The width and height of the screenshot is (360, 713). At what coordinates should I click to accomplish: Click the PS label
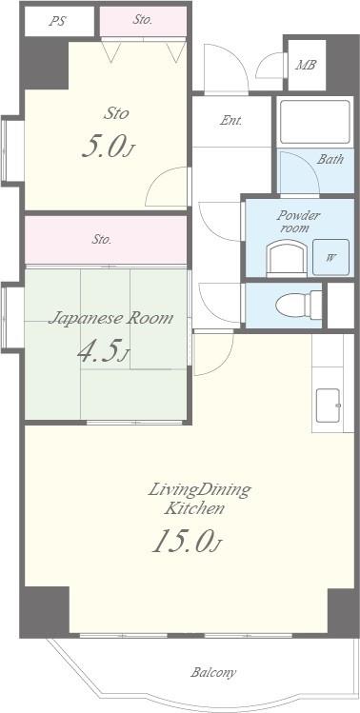[57, 21]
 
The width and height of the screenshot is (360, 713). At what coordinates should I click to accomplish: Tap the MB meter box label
[306, 65]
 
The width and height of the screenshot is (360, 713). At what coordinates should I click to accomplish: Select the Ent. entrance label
[231, 121]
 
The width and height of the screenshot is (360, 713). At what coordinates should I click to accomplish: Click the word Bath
[330, 159]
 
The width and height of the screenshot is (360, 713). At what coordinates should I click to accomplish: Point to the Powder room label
[293, 222]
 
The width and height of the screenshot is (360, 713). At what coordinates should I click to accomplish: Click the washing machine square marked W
[330, 257]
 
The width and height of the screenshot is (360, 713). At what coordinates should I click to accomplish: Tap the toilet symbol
[299, 305]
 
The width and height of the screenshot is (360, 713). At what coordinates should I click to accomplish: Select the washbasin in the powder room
[287, 258]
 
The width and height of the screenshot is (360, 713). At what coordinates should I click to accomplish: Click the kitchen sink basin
[329, 406]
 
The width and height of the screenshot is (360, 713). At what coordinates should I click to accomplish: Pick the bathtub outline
[315, 122]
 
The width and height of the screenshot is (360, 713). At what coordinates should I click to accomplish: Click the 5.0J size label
[109, 147]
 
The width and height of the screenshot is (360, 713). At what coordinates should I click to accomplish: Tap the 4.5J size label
[103, 351]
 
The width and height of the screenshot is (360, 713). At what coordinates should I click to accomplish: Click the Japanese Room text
[110, 318]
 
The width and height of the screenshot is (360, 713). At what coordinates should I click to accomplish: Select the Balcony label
[213, 672]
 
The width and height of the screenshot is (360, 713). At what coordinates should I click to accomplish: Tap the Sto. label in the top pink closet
[143, 20]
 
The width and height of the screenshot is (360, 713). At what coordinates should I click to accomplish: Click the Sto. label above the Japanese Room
[102, 239]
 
